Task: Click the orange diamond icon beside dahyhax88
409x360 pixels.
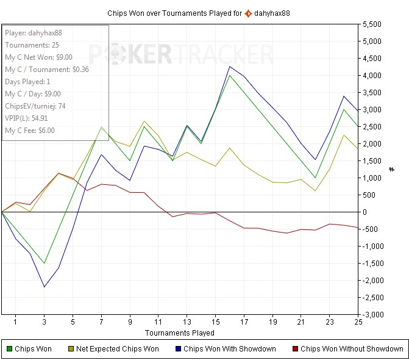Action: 248,12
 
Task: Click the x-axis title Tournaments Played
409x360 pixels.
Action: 179,333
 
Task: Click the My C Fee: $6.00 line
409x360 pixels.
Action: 30,130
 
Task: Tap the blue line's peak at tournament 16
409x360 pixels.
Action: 229,67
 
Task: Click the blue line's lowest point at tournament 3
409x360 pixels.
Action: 44,287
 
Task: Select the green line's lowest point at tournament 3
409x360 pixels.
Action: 44,263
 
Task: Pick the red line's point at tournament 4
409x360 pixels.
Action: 59,173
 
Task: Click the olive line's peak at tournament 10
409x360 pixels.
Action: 144,121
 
